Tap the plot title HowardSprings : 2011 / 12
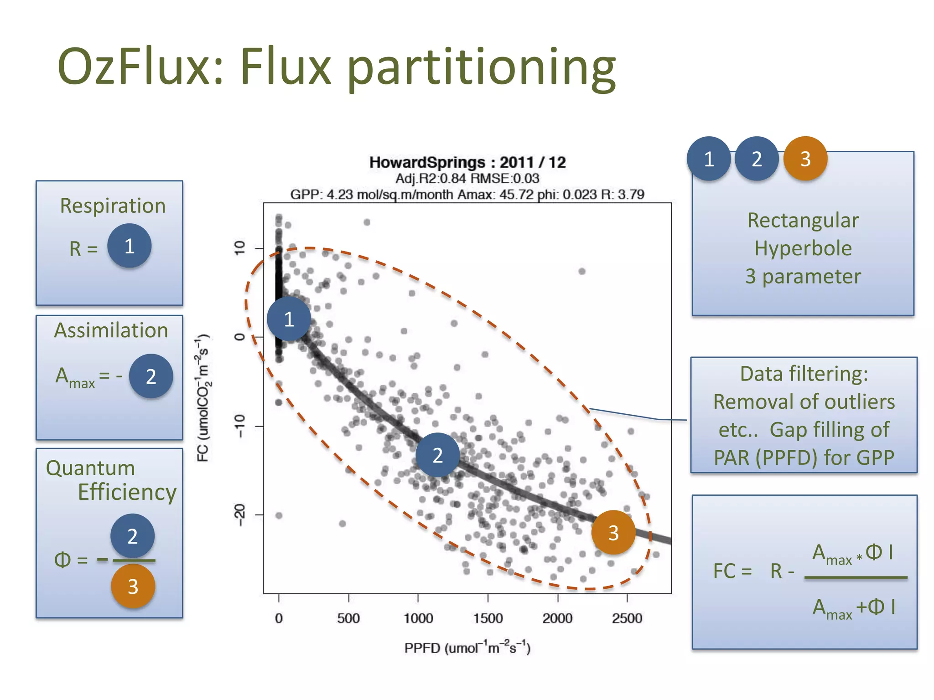(x=467, y=162)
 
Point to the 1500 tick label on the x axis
(x=488, y=618)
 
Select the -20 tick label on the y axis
(x=239, y=515)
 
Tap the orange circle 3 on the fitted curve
(x=613, y=532)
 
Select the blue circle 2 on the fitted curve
(x=437, y=455)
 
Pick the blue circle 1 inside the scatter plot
(x=289, y=319)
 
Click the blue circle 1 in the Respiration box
(x=129, y=246)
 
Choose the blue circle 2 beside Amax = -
(x=151, y=376)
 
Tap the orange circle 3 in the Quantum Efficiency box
(x=133, y=587)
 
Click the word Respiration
(x=113, y=206)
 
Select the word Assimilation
(x=111, y=330)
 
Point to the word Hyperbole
(x=803, y=248)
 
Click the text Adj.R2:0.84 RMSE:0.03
(x=467, y=179)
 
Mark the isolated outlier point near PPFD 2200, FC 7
(x=582, y=271)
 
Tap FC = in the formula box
(x=732, y=571)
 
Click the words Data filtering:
(x=804, y=374)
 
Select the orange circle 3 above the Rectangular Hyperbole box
(x=805, y=159)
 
